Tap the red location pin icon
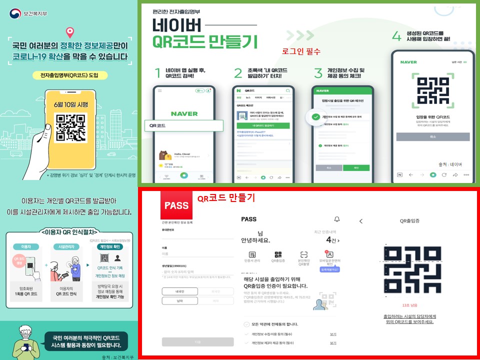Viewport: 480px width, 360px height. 69,32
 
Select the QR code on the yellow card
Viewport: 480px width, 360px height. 69,127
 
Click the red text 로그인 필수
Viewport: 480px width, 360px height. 300,51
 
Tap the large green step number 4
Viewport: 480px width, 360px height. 396,36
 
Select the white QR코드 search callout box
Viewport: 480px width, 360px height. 182,125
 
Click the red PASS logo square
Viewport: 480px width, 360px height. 176,205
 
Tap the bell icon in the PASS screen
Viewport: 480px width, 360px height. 337,219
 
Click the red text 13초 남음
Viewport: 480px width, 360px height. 409,304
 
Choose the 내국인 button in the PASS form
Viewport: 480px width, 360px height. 180,291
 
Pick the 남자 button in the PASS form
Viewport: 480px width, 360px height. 180,300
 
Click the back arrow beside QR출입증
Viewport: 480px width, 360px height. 361,220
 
